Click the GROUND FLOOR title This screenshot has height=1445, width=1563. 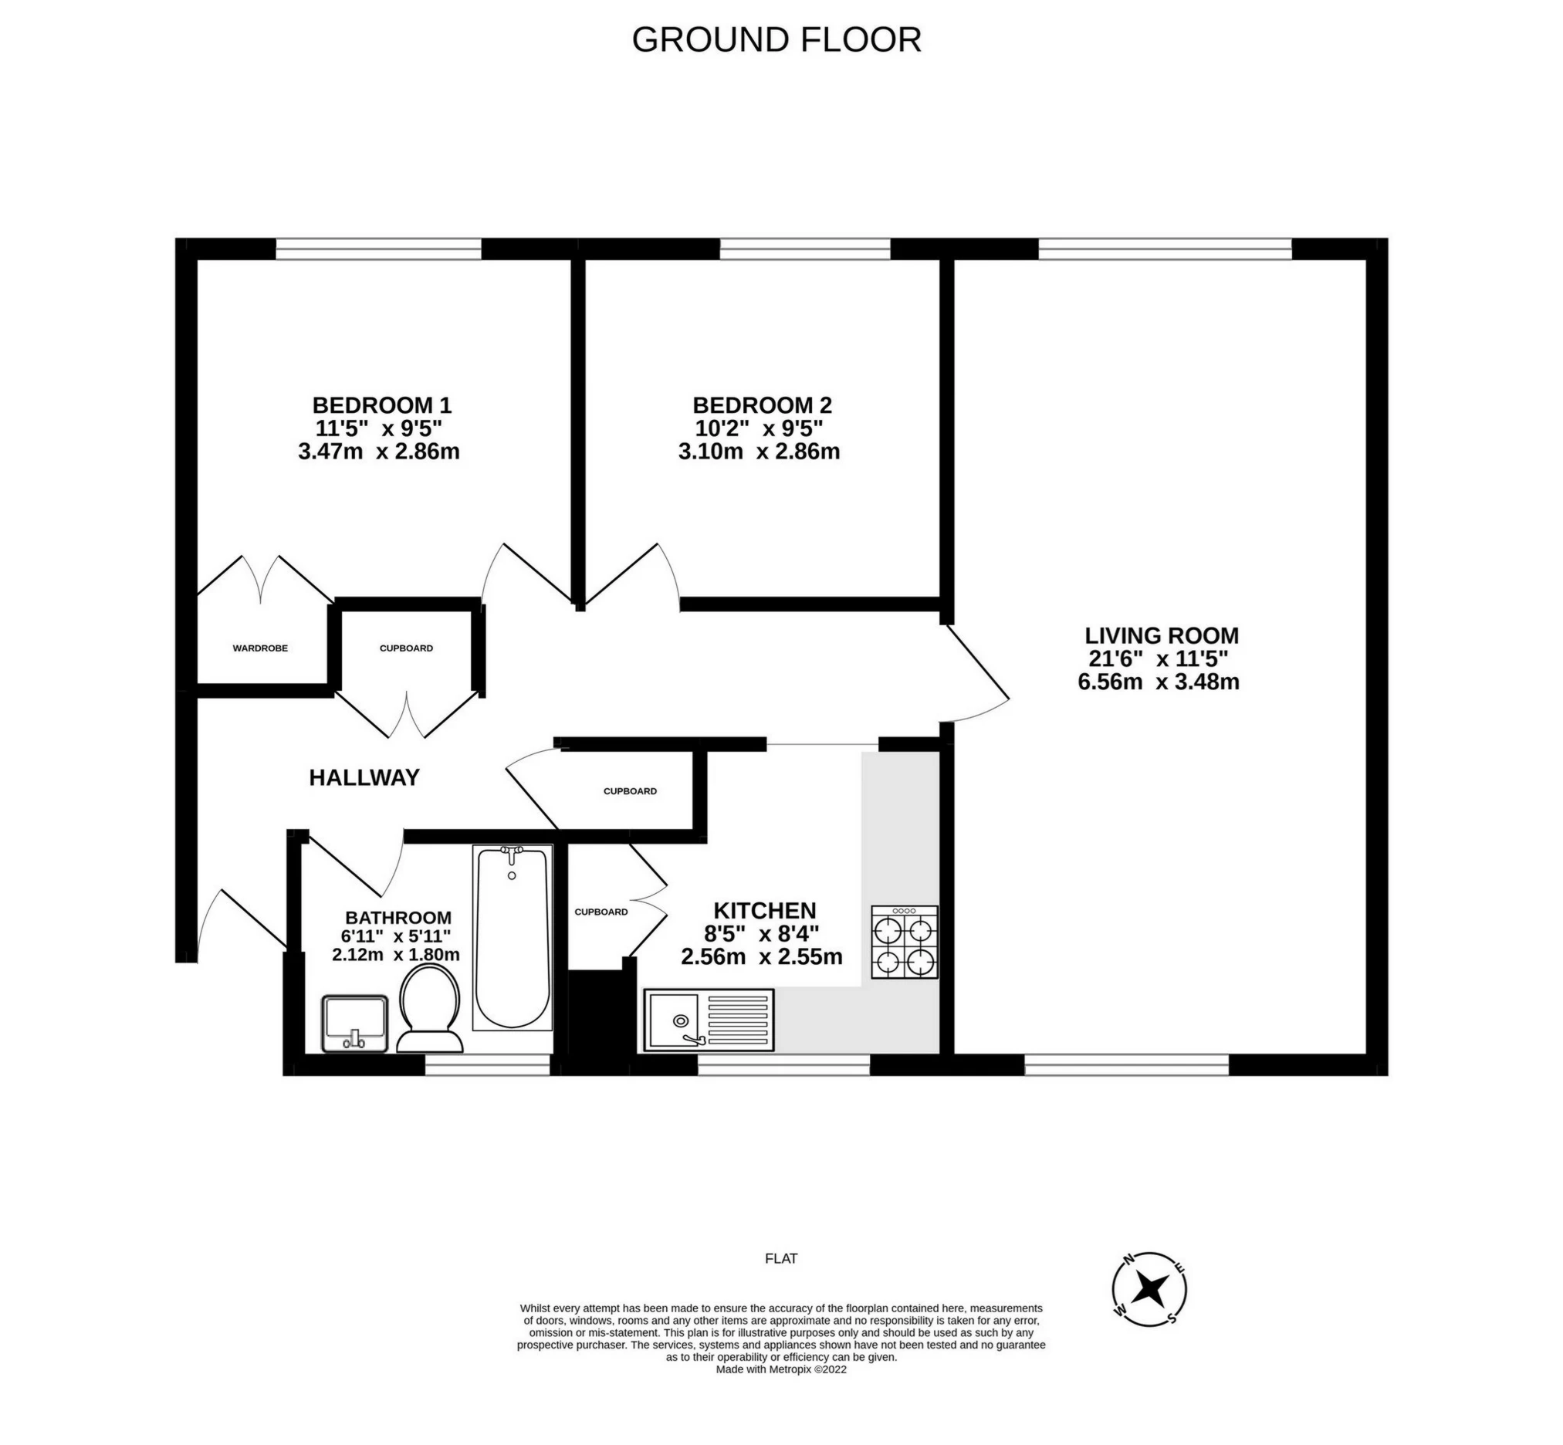(x=776, y=40)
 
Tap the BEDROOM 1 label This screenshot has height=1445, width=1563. (x=381, y=405)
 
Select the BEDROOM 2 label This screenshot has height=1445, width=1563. (x=763, y=405)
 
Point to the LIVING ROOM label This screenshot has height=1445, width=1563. (x=1161, y=635)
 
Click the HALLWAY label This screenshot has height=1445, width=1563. (x=364, y=777)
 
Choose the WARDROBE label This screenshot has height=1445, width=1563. (x=260, y=648)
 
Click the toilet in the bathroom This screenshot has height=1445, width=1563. (x=428, y=1008)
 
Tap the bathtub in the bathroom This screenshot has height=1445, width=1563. (x=513, y=937)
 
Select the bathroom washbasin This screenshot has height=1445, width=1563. (x=355, y=1024)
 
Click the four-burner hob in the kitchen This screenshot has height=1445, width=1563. (x=905, y=942)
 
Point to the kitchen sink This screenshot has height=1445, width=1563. (x=709, y=1020)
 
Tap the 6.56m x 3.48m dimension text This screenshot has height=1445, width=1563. (x=1158, y=682)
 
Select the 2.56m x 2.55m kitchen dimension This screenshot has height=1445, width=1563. (x=762, y=957)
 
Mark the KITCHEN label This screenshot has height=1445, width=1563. (x=765, y=910)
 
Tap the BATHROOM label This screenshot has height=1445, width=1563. (x=398, y=918)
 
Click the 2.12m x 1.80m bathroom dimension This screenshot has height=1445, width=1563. (x=396, y=955)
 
